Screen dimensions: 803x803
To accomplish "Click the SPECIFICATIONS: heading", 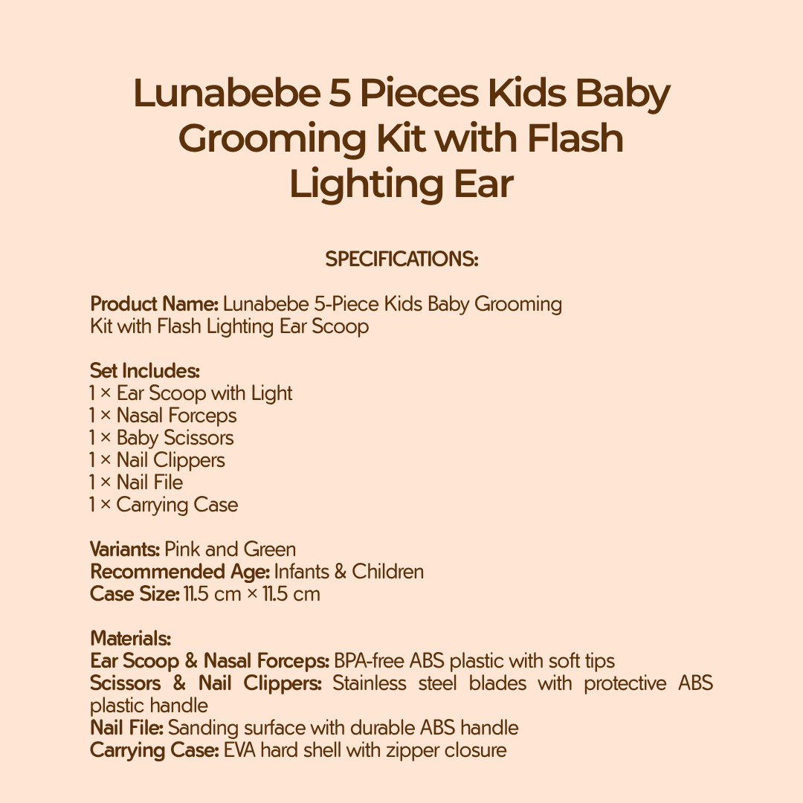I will point(401,259).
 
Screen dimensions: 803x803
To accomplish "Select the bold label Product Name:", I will point(154,304).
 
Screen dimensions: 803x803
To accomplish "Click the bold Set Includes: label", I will point(144,371).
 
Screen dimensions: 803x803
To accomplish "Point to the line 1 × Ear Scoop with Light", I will point(190,393).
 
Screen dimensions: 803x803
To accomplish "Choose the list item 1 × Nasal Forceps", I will point(163,416).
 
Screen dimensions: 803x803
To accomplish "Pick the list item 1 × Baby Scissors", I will point(161,438).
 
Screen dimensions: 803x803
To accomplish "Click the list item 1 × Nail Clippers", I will point(157,460).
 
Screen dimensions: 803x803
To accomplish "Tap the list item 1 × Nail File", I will point(136,483).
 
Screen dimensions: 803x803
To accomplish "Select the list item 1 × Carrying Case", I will point(164,505).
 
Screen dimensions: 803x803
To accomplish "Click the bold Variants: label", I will point(125,549).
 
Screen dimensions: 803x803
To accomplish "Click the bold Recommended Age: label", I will point(180,572).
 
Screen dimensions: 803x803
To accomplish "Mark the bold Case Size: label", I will point(135,594).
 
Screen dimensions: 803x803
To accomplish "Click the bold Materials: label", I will point(130,639).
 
